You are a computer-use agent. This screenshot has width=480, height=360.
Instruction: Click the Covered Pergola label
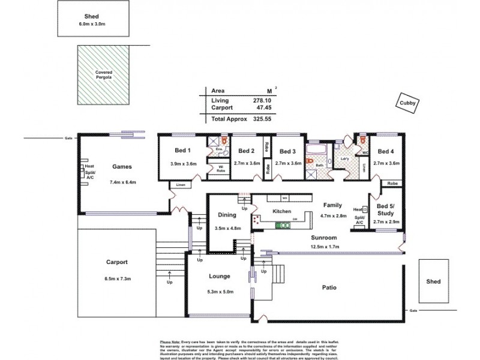click(x=103, y=74)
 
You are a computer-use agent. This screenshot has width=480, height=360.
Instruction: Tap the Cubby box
click(x=405, y=103)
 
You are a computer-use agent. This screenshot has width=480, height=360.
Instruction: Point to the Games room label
click(x=122, y=167)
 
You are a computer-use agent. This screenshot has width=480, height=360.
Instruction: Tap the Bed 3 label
click(x=288, y=151)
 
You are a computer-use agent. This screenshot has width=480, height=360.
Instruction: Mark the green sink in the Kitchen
click(x=283, y=226)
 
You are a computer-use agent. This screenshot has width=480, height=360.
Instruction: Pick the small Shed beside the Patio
click(x=433, y=281)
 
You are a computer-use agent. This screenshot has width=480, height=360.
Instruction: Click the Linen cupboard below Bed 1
click(x=180, y=185)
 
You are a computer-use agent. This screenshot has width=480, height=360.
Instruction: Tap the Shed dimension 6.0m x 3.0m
click(x=92, y=25)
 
